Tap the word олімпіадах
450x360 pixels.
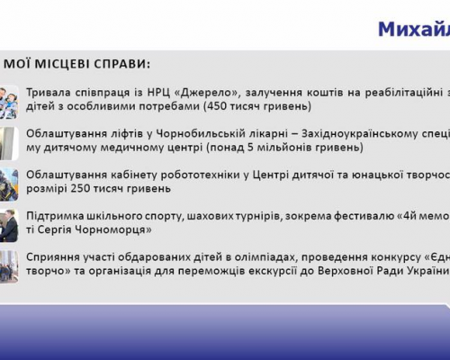[265, 257]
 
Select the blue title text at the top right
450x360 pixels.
[414, 30]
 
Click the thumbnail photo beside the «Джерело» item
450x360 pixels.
[9, 102]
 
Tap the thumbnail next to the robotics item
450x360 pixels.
[9, 184]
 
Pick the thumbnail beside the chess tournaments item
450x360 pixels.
[9, 225]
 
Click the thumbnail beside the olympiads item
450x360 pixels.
[9, 266]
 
